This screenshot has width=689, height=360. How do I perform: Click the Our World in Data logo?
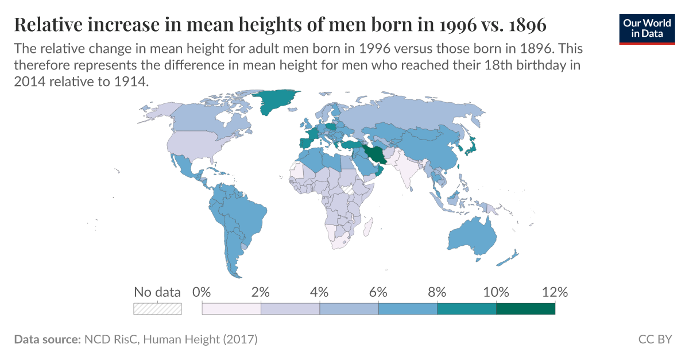pyautogui.click(x=648, y=28)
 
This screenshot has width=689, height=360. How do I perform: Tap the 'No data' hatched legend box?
pyautogui.click(x=157, y=309)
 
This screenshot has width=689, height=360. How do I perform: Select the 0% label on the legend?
pyautogui.click(x=202, y=292)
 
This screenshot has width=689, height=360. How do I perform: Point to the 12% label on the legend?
pyautogui.click(x=555, y=292)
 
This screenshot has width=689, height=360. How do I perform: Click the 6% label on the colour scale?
pyautogui.click(x=378, y=292)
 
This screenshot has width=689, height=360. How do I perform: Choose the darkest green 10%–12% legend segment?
pyautogui.click(x=525, y=309)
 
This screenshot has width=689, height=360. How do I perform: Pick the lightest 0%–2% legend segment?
pyautogui.click(x=231, y=309)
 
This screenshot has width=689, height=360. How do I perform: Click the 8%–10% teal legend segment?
pyautogui.click(x=466, y=309)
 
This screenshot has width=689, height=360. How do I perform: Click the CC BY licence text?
pyautogui.click(x=655, y=339)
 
